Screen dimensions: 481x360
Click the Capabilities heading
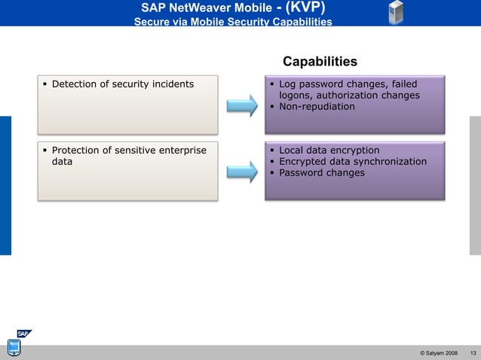(320, 61)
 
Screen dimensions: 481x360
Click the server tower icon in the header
(396, 13)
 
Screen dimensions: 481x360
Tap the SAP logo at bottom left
(24, 334)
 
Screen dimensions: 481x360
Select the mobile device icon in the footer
(14, 348)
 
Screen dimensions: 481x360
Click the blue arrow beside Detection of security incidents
(242, 105)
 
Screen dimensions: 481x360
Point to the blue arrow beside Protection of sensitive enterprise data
(242, 172)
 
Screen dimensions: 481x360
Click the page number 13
(473, 353)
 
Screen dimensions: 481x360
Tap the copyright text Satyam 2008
(439, 353)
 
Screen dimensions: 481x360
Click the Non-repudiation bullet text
(317, 106)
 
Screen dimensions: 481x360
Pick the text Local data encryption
(329, 151)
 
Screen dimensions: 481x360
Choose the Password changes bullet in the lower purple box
(322, 172)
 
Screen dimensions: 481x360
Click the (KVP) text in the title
(305, 8)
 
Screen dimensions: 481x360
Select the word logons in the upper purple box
(296, 96)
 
